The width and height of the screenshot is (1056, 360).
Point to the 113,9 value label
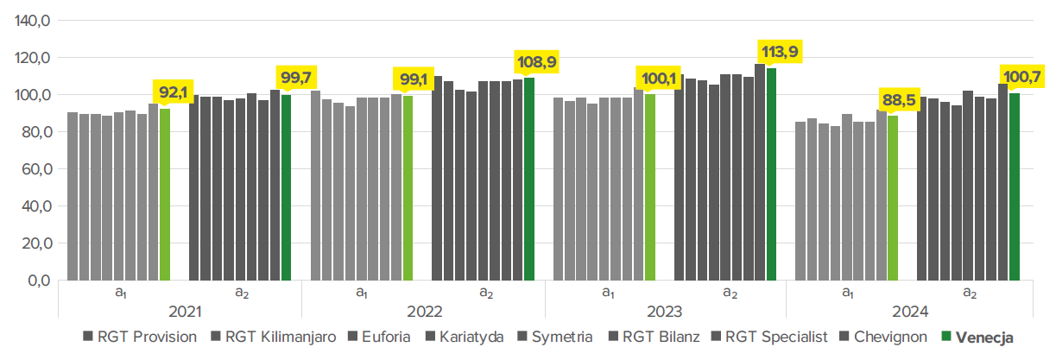pos(778,52)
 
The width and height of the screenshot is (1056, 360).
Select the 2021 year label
pos(180,311)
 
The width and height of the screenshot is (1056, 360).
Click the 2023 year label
pos(666,311)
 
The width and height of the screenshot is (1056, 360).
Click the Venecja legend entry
pos(979,337)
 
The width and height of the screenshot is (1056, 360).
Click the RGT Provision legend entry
pos(140,337)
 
